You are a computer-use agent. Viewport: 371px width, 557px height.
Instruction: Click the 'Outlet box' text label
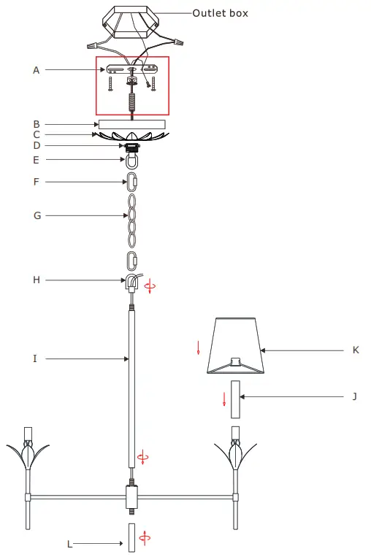tap(220, 13)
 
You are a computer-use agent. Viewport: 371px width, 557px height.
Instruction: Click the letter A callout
tap(36, 70)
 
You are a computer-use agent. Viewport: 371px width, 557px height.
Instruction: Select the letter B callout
tap(36, 124)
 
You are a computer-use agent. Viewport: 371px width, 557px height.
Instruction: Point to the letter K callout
tap(355, 350)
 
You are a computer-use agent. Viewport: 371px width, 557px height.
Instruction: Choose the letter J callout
tap(354, 396)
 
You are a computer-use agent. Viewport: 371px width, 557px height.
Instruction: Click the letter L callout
tap(70, 543)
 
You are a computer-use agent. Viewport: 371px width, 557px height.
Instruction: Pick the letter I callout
tap(35, 358)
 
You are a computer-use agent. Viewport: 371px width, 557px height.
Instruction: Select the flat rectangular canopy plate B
tap(131, 124)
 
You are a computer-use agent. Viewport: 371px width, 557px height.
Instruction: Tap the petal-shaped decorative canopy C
tap(131, 137)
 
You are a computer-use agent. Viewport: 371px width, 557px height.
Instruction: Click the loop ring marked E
tap(132, 160)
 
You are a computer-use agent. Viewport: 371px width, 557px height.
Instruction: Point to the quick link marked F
tap(132, 180)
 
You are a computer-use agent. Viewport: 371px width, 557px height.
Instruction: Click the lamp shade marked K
tap(235, 345)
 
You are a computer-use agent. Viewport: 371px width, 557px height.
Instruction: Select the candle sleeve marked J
tap(235, 399)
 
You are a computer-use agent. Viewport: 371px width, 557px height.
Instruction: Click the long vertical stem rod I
tap(132, 387)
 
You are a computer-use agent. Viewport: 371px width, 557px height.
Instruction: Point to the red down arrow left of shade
tap(198, 348)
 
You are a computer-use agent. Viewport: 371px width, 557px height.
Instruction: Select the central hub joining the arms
tap(132, 499)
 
